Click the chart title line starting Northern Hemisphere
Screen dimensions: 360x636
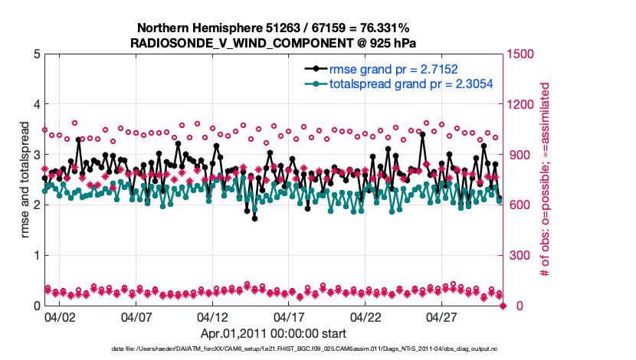pos(274,28)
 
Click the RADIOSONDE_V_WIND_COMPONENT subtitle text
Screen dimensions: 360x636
pos(274,42)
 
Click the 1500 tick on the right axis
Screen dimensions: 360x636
pos(523,54)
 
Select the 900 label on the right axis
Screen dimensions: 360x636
pos(520,155)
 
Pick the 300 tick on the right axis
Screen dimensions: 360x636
pos(520,255)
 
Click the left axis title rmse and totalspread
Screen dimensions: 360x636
pos(25,180)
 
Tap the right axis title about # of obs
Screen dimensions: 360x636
pos(546,180)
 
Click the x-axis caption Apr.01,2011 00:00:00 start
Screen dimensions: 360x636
pos(274,334)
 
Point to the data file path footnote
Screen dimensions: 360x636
pos(274,349)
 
